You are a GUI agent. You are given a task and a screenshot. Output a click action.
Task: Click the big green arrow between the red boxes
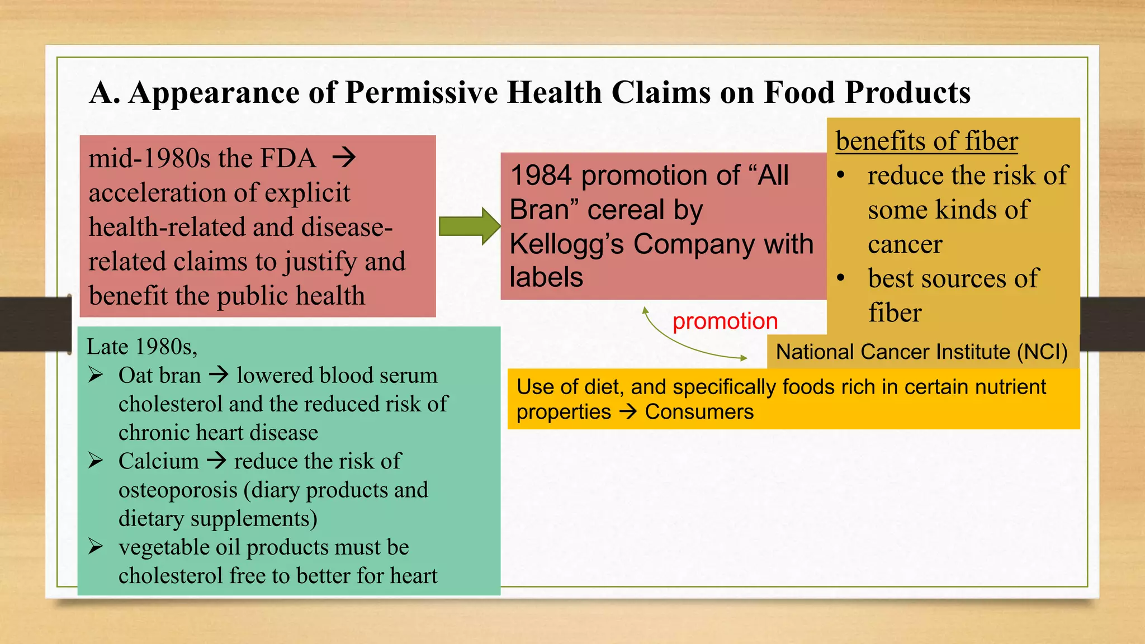point(469,226)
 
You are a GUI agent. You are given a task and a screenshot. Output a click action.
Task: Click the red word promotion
point(725,321)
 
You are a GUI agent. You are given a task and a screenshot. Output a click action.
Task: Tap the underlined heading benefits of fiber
point(926,141)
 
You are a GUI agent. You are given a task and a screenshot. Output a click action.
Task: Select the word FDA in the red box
point(288,158)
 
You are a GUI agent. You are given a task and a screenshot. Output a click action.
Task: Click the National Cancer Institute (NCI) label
point(921,352)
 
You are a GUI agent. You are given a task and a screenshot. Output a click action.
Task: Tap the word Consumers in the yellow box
point(699,412)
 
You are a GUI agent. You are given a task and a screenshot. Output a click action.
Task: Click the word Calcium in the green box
point(159,461)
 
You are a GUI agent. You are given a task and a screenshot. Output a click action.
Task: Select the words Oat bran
point(159,375)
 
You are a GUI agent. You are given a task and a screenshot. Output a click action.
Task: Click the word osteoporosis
point(178,490)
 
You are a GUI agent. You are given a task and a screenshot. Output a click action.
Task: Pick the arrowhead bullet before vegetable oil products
point(96,547)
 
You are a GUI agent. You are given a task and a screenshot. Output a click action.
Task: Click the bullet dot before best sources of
point(841,278)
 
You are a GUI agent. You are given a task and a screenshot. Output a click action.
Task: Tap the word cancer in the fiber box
point(905,244)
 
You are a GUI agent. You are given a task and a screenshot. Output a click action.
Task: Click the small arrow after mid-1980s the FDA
point(344,158)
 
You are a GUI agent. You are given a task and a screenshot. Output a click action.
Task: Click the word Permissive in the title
point(421,92)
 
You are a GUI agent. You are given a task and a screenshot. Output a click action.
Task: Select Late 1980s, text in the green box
point(141,347)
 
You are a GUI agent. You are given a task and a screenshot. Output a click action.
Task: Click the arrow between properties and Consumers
point(628,412)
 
